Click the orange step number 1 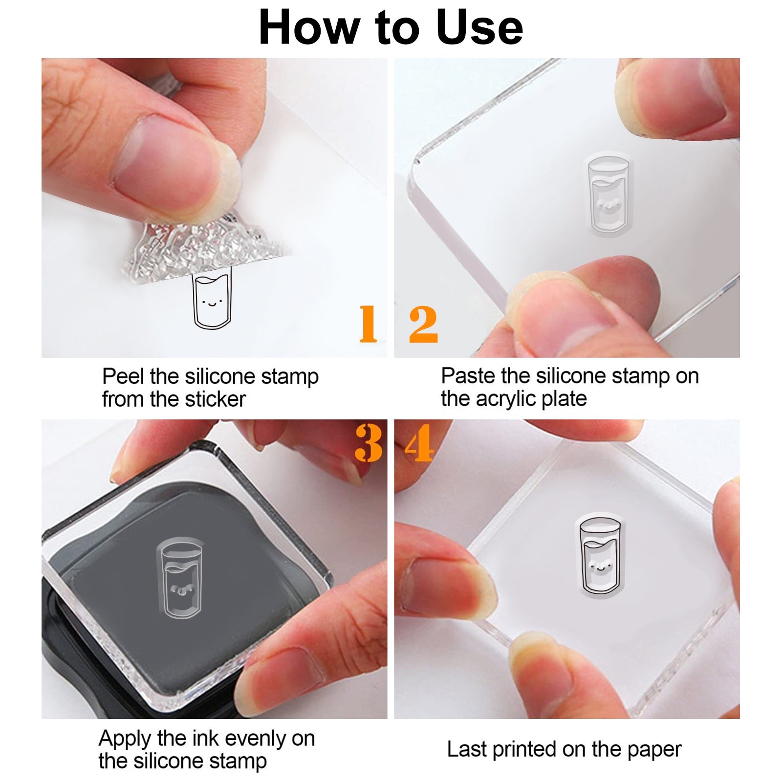pyautogui.click(x=368, y=324)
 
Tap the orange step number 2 pyautogui.click(x=423, y=324)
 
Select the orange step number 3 pyautogui.click(x=369, y=443)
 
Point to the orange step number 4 pyautogui.click(x=419, y=443)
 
